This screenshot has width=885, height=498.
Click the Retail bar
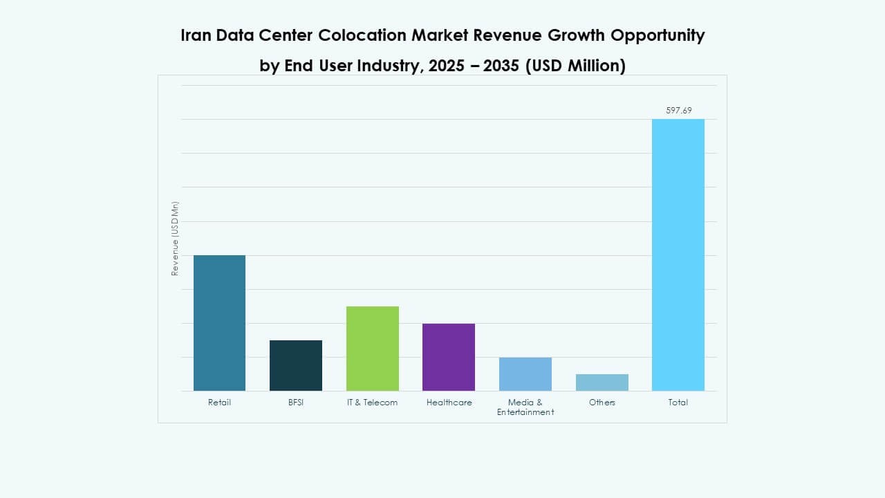(219, 323)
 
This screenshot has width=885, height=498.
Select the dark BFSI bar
(295, 365)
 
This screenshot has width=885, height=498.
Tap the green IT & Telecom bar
(372, 349)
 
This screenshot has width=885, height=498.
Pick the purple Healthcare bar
(448, 357)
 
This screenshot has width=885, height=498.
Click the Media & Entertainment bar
(525, 374)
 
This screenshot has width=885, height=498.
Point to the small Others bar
(602, 382)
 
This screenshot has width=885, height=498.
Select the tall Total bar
(678, 255)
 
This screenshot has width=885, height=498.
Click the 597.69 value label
(678, 110)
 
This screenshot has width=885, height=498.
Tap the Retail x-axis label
(219, 403)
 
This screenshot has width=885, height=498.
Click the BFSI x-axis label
(295, 403)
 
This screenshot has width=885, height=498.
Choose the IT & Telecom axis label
(372, 403)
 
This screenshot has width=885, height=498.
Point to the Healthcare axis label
(449, 403)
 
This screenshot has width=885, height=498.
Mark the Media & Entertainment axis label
(525, 407)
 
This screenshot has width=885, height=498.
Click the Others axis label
(602, 403)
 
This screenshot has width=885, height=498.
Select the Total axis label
(678, 403)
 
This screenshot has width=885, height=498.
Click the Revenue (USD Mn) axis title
(175, 239)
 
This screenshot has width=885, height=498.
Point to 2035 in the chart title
(496, 66)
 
